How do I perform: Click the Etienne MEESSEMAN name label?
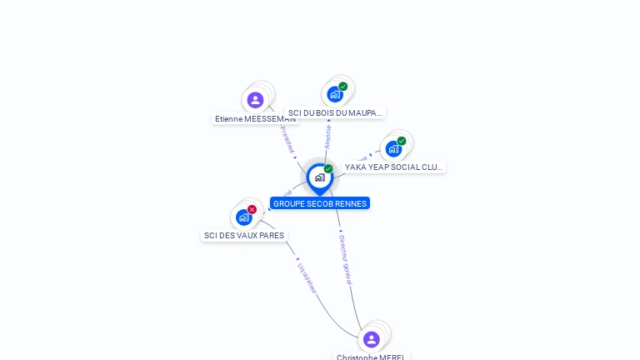pyautogui.click(x=255, y=119)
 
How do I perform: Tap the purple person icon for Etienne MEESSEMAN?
pyautogui.click(x=255, y=100)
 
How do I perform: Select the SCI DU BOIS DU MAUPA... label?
pyautogui.click(x=334, y=112)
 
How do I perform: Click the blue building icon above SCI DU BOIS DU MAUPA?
pyautogui.click(x=334, y=94)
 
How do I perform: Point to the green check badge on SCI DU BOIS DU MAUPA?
pyautogui.click(x=343, y=86)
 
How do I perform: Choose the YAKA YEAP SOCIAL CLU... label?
pyautogui.click(x=393, y=167)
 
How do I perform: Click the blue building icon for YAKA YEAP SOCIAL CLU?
pyautogui.click(x=392, y=148)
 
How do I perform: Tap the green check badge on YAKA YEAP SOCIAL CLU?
pyautogui.click(x=402, y=141)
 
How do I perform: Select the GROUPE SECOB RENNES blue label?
pyautogui.click(x=320, y=203)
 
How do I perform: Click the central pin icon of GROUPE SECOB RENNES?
pyautogui.click(x=319, y=177)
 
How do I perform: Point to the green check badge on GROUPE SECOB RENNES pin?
pyautogui.click(x=328, y=169)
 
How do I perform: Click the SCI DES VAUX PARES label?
pyautogui.click(x=244, y=236)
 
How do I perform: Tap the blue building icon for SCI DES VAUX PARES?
pyautogui.click(x=243, y=217)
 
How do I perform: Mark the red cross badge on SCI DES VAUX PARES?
pyautogui.click(x=252, y=209)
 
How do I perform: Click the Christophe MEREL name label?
pyautogui.click(x=371, y=357)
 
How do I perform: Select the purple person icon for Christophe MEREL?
pyautogui.click(x=371, y=339)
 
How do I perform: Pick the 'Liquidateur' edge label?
pyautogui.click(x=307, y=277)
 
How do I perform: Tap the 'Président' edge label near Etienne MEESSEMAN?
pyautogui.click(x=287, y=139)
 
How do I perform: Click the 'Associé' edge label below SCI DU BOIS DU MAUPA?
pyautogui.click(x=327, y=137)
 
